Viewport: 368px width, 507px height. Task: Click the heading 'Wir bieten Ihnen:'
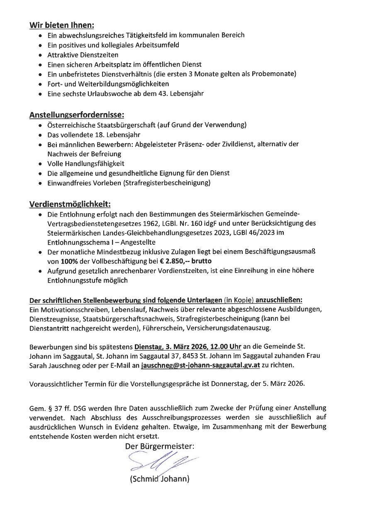tap(61, 25)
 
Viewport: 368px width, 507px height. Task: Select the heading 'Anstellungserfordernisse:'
tap(77, 114)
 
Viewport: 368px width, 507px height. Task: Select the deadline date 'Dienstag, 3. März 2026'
tap(170, 347)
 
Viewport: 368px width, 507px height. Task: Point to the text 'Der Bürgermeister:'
tap(159, 446)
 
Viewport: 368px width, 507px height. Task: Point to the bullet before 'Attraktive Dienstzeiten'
tap(39, 55)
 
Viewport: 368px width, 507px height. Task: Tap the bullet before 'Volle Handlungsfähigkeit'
tap(39, 164)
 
